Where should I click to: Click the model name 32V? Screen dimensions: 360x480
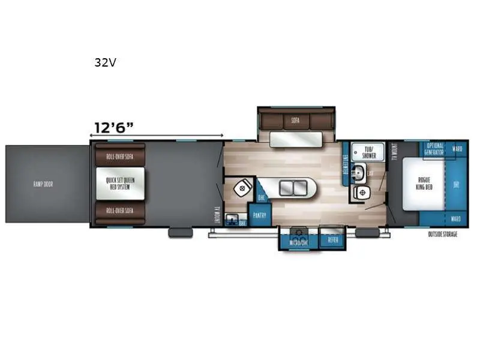tap(105, 62)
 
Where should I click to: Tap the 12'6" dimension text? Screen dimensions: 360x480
tap(113, 127)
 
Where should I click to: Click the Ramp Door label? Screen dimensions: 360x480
tap(43, 184)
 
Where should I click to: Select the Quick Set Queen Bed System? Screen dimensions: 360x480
tap(120, 184)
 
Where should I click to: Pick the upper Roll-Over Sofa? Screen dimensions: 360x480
tap(120, 156)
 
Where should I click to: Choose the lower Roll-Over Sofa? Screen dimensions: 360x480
tap(120, 211)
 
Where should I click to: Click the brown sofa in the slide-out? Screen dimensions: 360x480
tap(295, 120)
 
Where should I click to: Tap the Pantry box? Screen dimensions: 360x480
tap(260, 214)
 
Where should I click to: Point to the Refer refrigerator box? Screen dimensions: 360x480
tap(332, 240)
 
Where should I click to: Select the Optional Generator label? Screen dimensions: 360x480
tap(435, 149)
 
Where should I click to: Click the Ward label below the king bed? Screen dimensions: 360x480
tap(457, 219)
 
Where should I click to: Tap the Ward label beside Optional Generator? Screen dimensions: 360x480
tap(457, 148)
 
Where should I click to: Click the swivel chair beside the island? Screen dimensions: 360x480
tap(243, 187)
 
